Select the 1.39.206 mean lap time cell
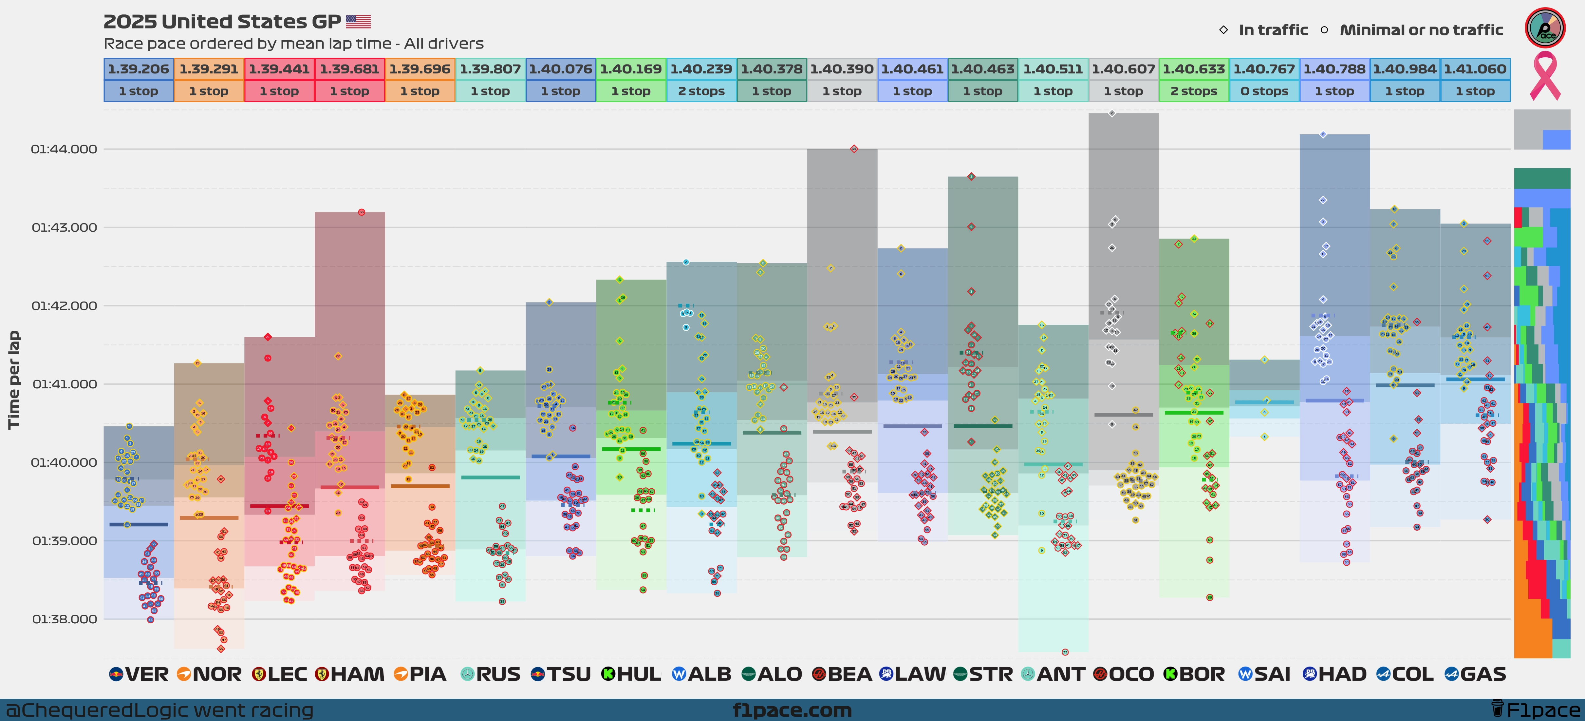(x=139, y=69)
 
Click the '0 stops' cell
(x=1264, y=91)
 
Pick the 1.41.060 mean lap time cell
(x=1475, y=69)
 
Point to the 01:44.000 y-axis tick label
(x=64, y=149)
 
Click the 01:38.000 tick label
(x=64, y=619)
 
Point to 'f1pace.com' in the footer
(x=792, y=710)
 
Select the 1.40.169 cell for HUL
(x=631, y=69)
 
